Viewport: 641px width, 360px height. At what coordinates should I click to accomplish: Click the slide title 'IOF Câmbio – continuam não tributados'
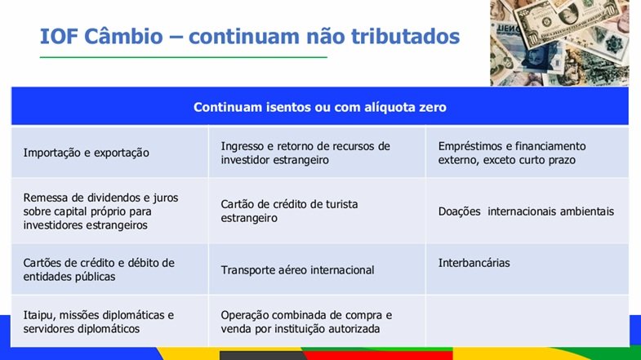tap(250, 36)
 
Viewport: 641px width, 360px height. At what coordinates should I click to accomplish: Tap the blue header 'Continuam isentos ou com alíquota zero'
tap(319, 107)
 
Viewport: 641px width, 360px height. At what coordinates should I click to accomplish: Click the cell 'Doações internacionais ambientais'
tap(526, 211)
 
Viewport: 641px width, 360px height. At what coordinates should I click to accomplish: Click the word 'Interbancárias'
tap(474, 263)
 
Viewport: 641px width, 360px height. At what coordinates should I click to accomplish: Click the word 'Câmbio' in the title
tap(123, 36)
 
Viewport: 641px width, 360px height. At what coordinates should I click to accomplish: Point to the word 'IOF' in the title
tap(59, 37)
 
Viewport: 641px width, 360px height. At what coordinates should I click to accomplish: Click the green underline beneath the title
tap(184, 57)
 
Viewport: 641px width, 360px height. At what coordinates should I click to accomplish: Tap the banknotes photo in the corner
tap(559, 42)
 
